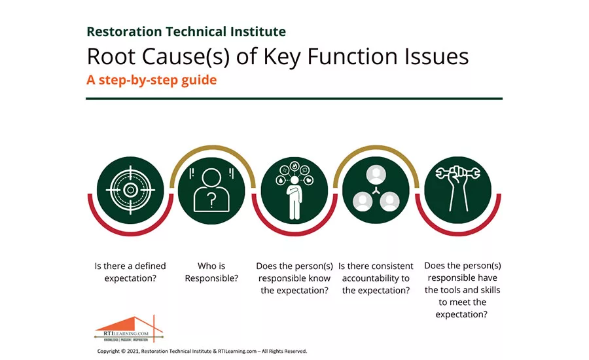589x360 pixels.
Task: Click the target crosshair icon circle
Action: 130,190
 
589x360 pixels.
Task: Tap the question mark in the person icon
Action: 211,203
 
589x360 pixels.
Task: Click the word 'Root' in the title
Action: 111,57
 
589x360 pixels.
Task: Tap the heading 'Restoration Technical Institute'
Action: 186,31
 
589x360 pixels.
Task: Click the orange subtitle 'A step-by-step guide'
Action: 151,81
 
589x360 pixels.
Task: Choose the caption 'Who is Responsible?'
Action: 211,272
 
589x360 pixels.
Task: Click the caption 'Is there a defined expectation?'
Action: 130,272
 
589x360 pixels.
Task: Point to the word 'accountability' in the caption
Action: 376,278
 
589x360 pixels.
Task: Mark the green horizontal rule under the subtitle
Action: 294,99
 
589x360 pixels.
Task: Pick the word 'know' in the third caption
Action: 319,278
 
